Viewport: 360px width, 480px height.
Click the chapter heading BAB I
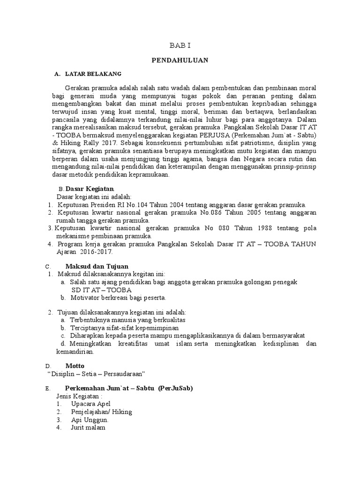tap(180, 45)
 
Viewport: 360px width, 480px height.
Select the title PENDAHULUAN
tap(180, 60)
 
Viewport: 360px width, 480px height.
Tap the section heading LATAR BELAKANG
tap(93, 74)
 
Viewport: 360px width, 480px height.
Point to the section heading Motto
tap(74, 365)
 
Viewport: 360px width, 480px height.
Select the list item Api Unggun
tap(90, 420)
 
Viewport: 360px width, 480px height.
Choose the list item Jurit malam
tap(88, 427)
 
